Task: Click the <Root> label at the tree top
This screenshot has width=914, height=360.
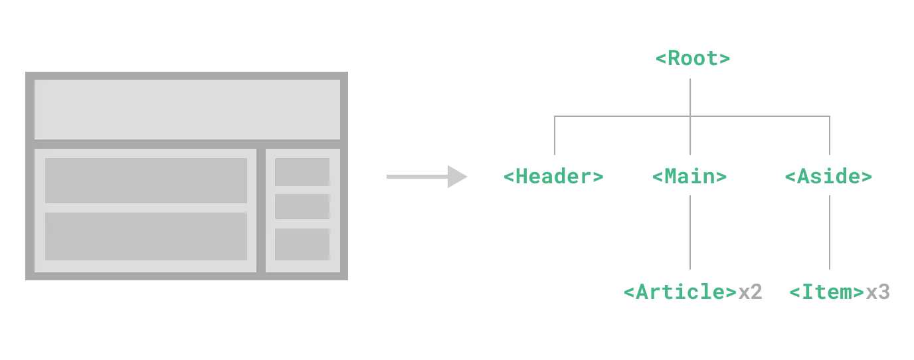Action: coord(693,58)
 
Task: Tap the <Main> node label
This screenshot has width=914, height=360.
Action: coord(687,177)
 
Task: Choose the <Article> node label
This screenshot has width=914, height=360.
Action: coord(680,292)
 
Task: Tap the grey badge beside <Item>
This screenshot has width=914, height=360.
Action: coord(879,292)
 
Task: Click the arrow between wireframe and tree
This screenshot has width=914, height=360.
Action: coord(425,176)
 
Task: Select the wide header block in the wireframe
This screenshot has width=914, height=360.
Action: coord(187,110)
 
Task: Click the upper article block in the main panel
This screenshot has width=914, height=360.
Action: coord(146,180)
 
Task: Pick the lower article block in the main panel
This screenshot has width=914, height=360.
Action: coord(146,236)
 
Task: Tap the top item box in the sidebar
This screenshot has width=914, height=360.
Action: coord(302,172)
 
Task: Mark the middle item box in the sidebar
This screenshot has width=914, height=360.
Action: coord(302,207)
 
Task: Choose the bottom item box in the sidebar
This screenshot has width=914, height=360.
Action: coord(302,244)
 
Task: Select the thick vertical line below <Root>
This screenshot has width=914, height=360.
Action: coord(691,93)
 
